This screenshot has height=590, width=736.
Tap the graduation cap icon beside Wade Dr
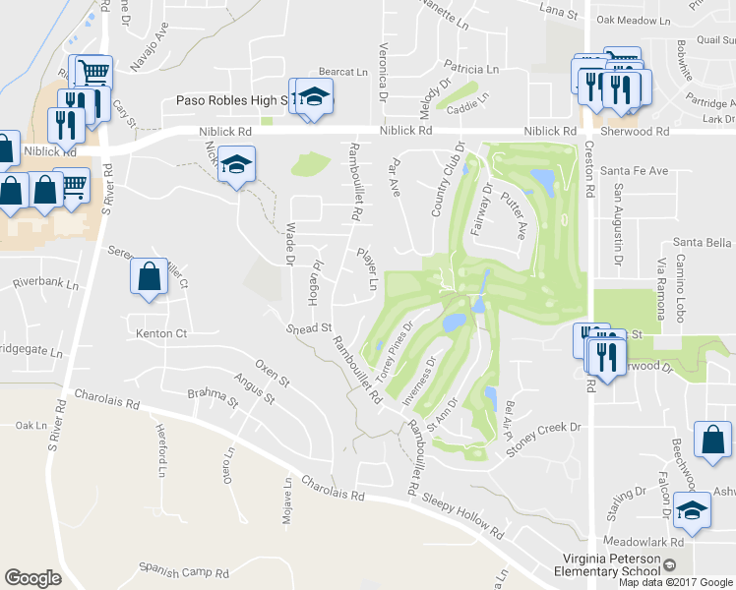click(236, 166)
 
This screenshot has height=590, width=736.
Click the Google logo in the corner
click(32, 577)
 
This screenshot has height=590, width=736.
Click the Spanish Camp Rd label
click(184, 572)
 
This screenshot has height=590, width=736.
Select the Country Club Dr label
click(446, 178)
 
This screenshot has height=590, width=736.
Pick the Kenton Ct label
click(161, 334)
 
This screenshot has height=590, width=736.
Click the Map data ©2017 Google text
click(676, 581)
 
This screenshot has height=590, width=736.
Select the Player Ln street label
click(367, 269)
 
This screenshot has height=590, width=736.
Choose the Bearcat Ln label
click(342, 73)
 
